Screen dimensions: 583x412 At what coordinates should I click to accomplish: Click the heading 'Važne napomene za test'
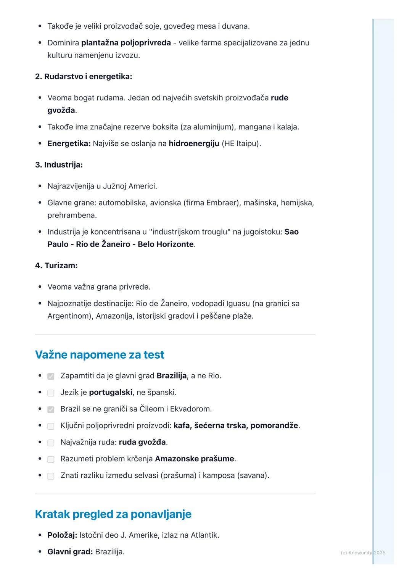100,355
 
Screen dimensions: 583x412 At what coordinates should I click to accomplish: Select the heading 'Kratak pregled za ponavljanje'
113,514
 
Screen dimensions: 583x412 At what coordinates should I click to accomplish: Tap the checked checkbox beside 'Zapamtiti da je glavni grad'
51,376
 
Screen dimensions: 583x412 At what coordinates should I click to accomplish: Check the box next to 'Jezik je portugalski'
51,393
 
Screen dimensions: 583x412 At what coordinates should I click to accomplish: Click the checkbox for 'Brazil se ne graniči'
51,409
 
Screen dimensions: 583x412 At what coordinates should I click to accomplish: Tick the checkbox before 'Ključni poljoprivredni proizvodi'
51,426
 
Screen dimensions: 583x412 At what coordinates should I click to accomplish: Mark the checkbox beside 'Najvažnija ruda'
51,443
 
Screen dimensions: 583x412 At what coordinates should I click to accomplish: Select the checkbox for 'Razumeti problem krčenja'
51,459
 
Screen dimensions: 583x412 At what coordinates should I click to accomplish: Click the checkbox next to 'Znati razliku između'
51,476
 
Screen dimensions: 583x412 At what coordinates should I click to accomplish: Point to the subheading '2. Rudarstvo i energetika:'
84,77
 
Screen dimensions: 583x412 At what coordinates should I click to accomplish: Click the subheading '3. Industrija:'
59,165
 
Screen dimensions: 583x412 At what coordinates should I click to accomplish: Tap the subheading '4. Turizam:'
56,266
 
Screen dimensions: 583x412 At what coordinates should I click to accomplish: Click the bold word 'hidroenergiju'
194,144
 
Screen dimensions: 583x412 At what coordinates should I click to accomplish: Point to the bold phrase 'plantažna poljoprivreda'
126,43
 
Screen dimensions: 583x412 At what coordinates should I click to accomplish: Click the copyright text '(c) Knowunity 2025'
363,553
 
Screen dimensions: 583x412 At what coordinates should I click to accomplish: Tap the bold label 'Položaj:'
62,535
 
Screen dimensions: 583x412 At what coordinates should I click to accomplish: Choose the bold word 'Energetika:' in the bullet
69,144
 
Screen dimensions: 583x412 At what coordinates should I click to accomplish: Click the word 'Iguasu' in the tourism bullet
238,304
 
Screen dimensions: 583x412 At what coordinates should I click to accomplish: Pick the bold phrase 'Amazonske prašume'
194,459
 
